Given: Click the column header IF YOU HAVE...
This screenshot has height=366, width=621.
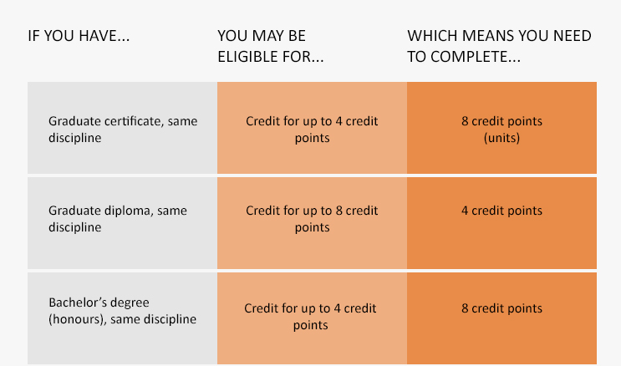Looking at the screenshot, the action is (79, 36).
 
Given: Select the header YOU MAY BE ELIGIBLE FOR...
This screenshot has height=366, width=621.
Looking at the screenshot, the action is (271, 46).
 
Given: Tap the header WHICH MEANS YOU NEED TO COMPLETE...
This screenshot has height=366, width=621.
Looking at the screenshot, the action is (500, 46).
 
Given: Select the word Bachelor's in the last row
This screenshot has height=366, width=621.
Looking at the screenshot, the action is (73, 302).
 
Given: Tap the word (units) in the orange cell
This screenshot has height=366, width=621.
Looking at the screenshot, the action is (501, 138).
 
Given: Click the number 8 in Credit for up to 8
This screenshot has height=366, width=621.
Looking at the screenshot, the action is (339, 211).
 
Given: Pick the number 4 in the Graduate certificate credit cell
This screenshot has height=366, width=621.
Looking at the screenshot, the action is (339, 121).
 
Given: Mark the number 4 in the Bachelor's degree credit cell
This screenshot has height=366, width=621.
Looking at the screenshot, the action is (338, 308).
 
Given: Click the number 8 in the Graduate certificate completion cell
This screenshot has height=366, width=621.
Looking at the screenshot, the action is (465, 121).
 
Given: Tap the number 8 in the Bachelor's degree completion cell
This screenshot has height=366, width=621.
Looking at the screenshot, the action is (465, 308).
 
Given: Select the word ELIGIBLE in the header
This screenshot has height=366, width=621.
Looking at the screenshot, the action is (242, 57).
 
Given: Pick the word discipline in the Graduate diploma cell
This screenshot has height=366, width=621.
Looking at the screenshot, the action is (75, 228).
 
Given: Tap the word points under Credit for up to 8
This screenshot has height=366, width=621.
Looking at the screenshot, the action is (312, 228).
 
